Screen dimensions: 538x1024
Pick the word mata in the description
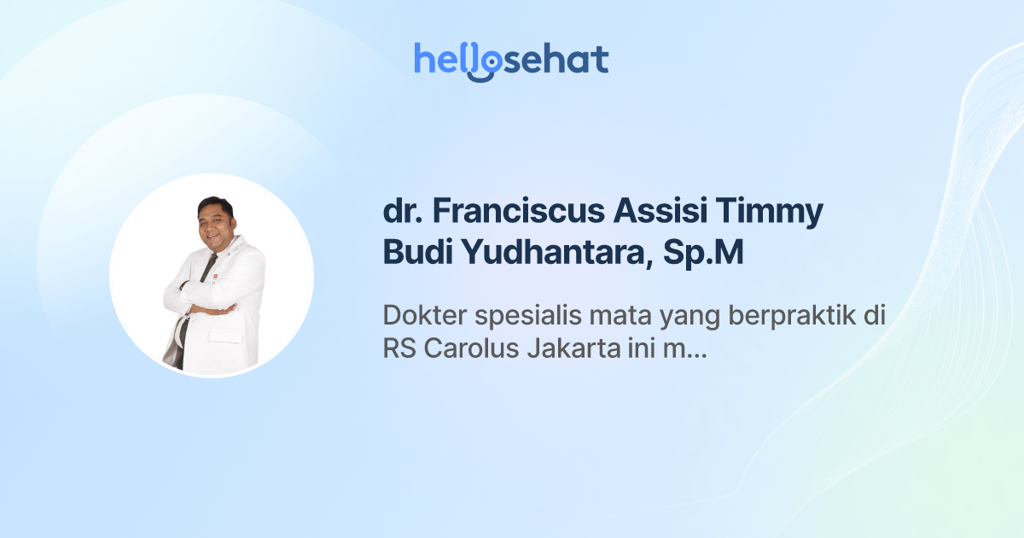(608, 315)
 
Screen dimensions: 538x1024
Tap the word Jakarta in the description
(558, 350)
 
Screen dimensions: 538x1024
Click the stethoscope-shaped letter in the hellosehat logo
(484, 62)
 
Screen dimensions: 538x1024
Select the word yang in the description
(679, 317)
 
